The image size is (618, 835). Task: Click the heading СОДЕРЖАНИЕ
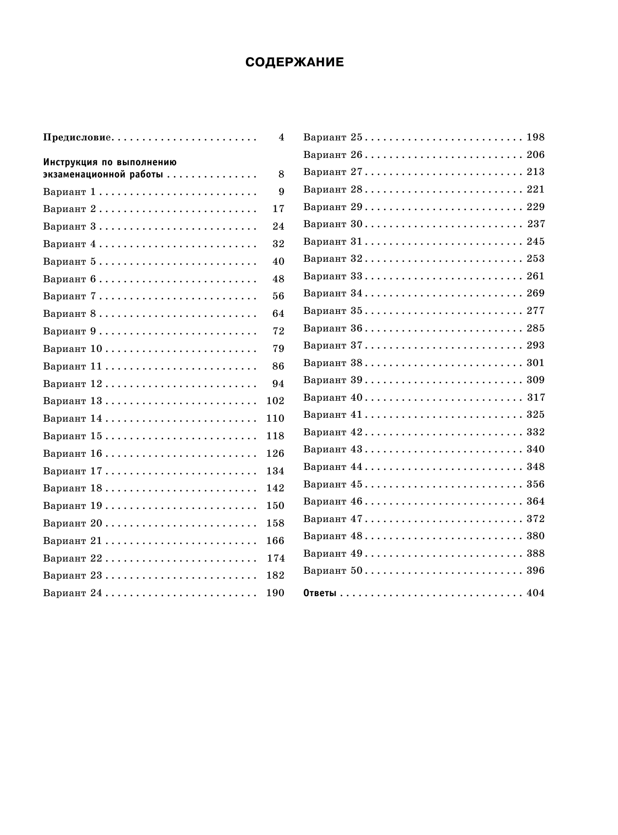[x=295, y=62]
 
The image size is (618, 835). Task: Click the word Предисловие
[x=78, y=137]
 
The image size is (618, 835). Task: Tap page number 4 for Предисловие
[x=281, y=137]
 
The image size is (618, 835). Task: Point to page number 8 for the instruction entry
[x=281, y=175]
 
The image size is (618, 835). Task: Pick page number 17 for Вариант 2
[x=278, y=209]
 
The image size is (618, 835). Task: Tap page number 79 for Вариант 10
[x=278, y=349]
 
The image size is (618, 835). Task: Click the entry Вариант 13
[x=73, y=401]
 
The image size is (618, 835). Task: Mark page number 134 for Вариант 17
[x=275, y=471]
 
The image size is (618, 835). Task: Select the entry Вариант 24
[x=73, y=593]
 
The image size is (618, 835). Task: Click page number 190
[x=275, y=593]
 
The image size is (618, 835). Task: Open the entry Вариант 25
[x=333, y=137]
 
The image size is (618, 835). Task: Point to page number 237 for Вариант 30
[x=536, y=224]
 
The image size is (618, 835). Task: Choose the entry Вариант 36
[x=333, y=329]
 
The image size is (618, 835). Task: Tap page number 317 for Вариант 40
[x=536, y=398]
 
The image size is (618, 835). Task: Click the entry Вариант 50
[x=333, y=571]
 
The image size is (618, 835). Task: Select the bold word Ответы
[x=320, y=593]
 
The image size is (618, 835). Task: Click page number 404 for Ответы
[x=536, y=593]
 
